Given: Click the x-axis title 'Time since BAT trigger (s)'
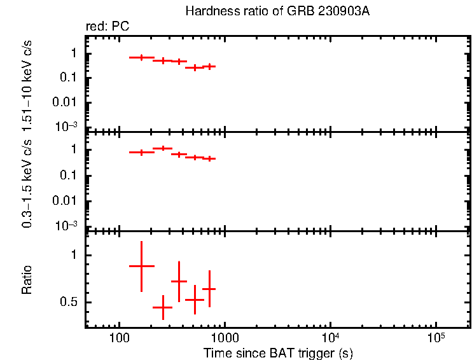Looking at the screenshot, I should (278, 352).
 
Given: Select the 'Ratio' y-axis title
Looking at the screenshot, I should (27, 280).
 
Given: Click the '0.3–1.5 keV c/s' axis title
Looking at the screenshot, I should (27, 181).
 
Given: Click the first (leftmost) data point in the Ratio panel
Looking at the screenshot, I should (142, 266).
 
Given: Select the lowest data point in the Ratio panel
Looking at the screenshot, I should (163, 307).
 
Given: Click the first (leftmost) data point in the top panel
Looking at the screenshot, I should (142, 57).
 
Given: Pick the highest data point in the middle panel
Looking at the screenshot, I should (163, 148).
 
